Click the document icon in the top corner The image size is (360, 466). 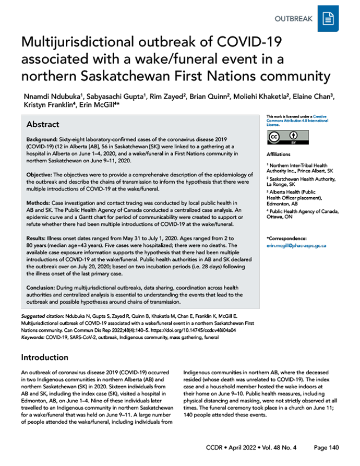click(x=328, y=19)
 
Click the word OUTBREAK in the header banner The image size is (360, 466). click(x=294, y=19)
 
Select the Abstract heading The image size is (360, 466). click(x=43, y=125)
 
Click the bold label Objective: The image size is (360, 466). click(x=40, y=173)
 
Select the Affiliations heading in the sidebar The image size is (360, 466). click(x=279, y=154)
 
